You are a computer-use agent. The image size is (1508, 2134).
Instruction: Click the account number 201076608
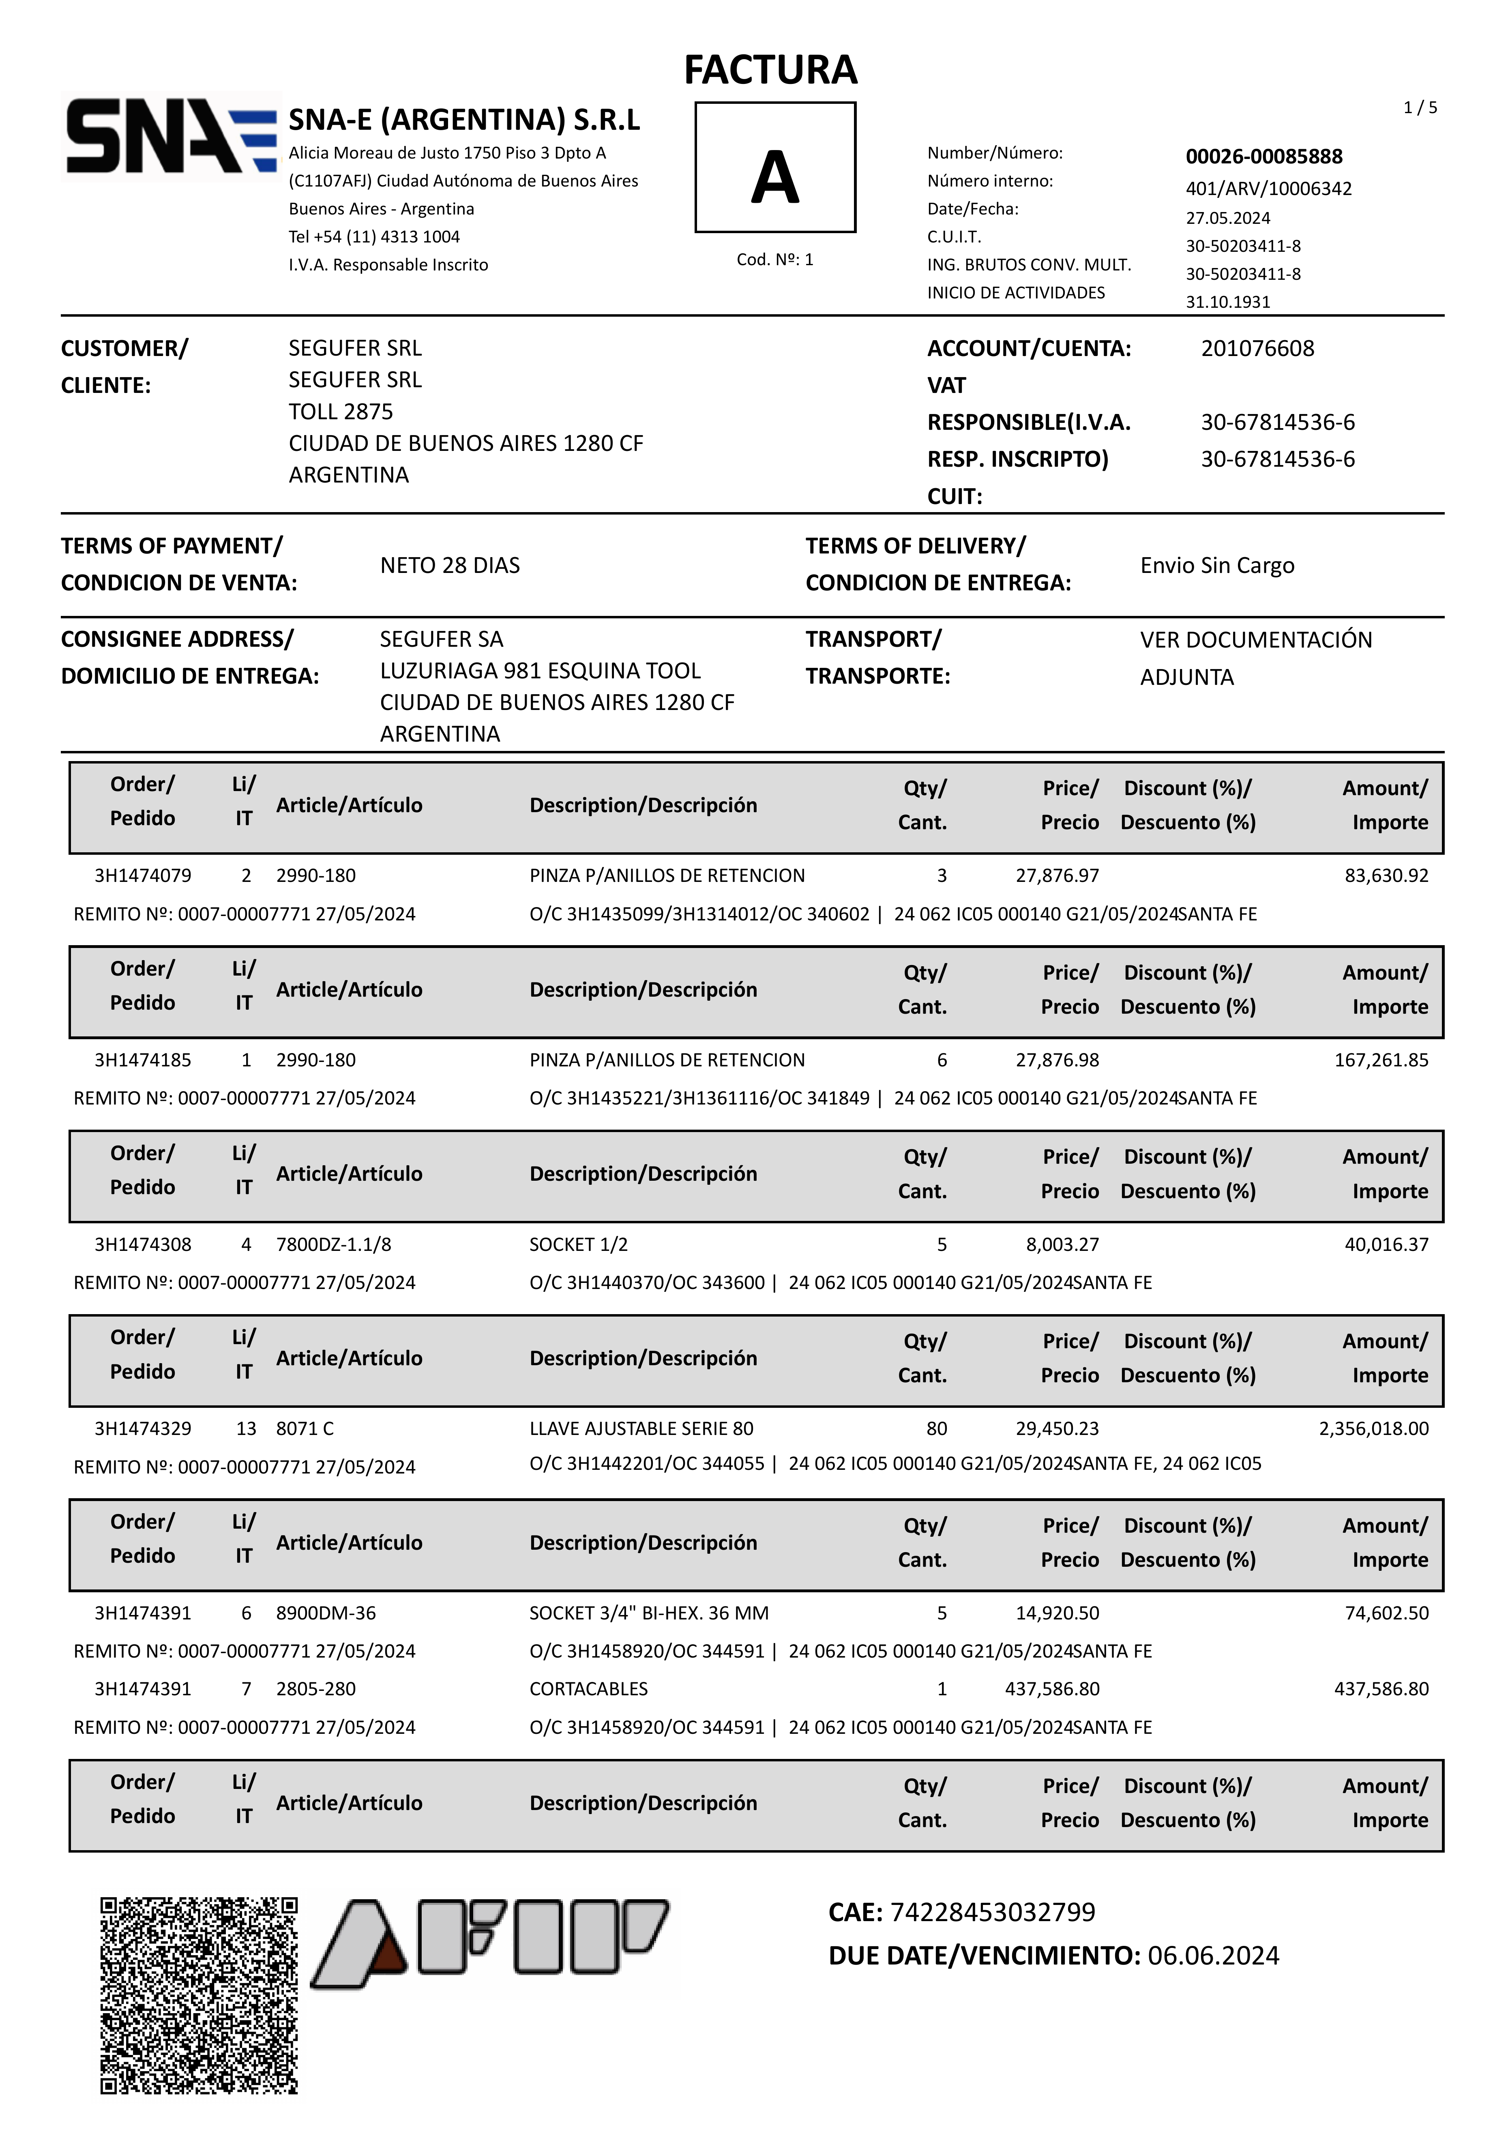coord(1257,349)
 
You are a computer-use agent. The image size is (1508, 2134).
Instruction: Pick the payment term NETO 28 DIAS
coord(450,565)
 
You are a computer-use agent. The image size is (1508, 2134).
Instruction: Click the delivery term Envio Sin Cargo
coord(1217,565)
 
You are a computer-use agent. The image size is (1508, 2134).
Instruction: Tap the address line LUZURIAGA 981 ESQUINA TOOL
coord(540,671)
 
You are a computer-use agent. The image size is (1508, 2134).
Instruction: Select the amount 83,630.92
coord(1386,875)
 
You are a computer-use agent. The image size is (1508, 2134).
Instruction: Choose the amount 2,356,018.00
coord(1373,1428)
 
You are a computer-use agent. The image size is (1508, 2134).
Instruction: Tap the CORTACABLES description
coord(588,1689)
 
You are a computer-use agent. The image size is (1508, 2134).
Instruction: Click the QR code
coord(199,1995)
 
